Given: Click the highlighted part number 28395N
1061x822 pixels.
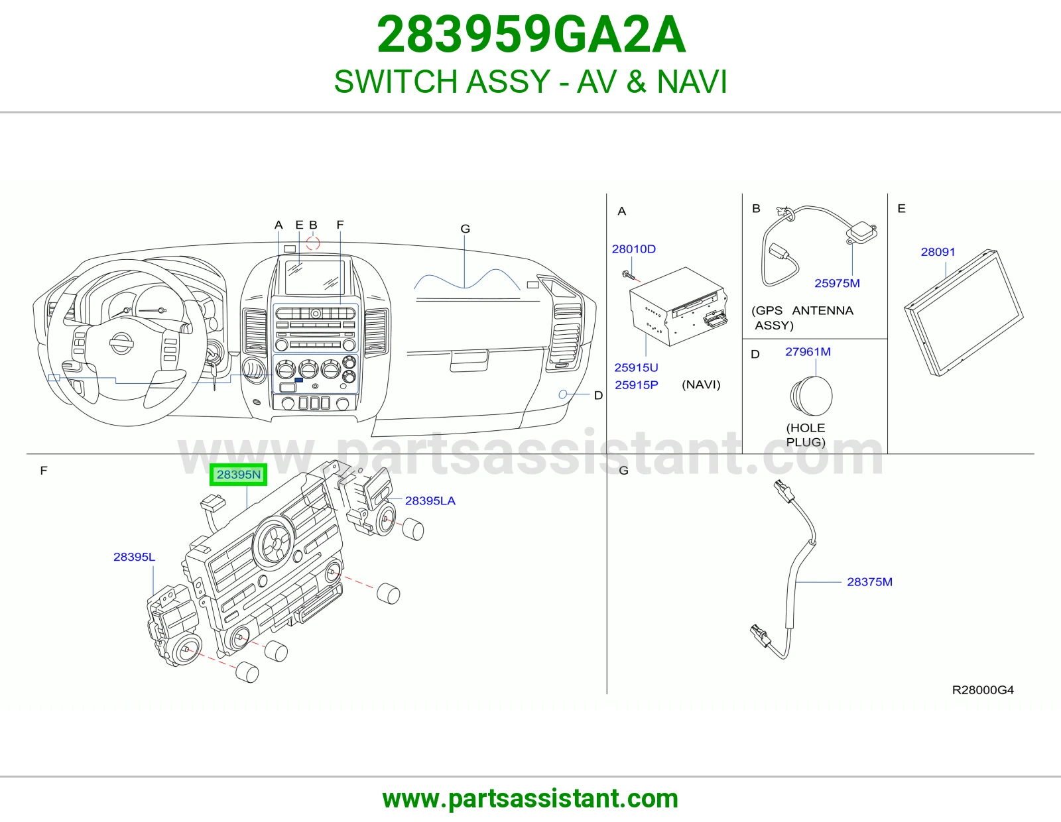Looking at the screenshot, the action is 238,475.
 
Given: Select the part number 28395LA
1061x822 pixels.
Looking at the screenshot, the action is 430,500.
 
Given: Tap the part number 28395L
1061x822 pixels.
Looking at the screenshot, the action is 134,557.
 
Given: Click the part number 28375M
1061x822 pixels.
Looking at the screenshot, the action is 869,582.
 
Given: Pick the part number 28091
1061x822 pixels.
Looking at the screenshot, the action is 938,252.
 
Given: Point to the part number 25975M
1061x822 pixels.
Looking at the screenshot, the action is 838,283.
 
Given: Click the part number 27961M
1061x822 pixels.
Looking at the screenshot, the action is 808,352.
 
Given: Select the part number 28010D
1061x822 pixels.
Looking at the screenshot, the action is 634,249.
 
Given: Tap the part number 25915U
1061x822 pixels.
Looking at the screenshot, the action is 636,367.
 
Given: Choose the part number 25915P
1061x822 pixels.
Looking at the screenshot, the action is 636,385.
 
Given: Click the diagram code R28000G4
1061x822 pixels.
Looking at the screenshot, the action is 983,690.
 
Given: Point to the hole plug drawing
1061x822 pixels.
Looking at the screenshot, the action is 811,395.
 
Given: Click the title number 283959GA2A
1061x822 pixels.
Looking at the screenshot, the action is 531,34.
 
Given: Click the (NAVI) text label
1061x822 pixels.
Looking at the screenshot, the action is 701,384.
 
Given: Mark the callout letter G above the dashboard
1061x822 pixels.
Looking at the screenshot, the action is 466,229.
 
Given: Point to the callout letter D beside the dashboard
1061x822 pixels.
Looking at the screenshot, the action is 598,395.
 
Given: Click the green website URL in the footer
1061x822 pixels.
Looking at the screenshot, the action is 530,799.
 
